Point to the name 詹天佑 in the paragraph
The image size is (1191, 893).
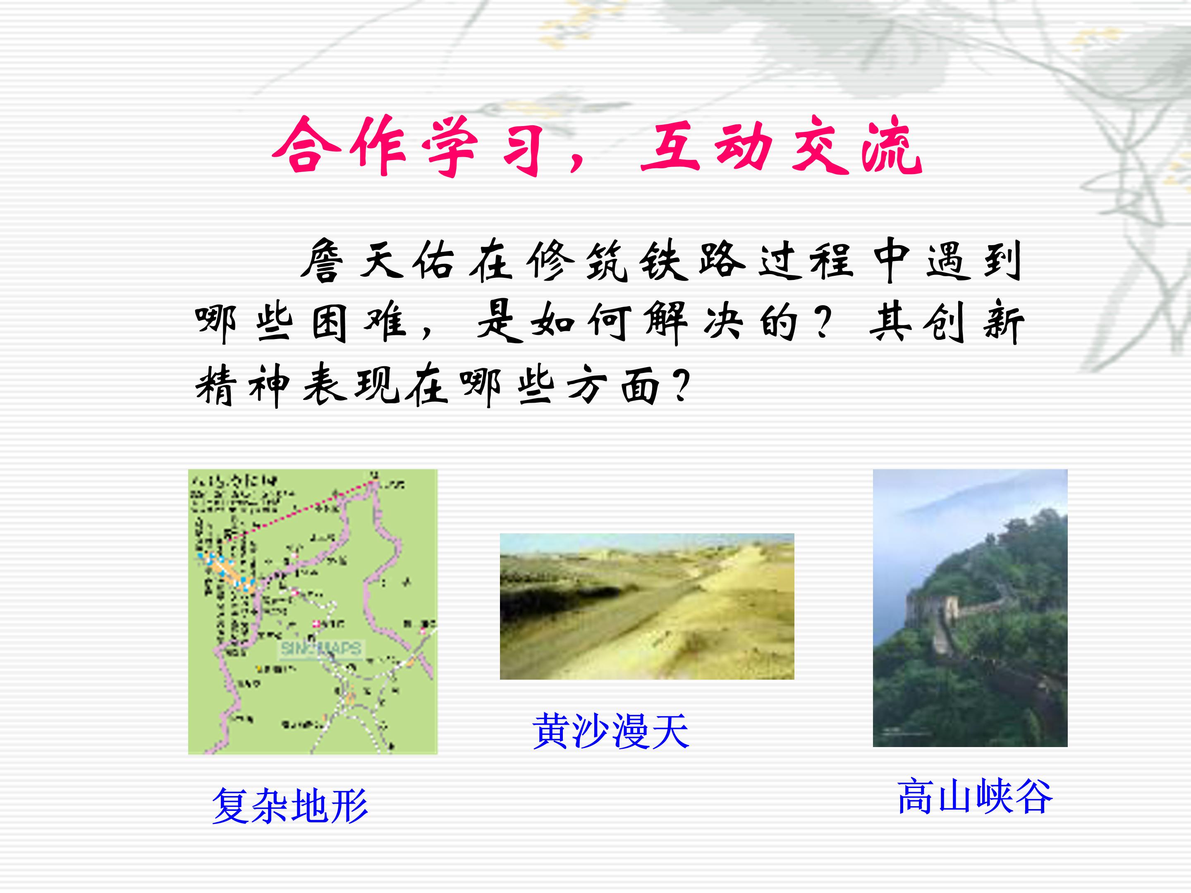tap(377, 260)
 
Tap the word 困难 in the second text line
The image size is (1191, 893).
tap(358, 322)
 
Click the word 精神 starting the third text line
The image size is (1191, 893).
tap(242, 385)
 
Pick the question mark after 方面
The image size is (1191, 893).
tap(681, 384)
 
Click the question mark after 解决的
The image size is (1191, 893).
tap(822, 322)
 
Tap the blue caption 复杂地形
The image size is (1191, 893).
tap(289, 806)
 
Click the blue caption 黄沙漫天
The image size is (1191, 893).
tap(610, 731)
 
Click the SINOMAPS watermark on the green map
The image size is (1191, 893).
tap(321, 648)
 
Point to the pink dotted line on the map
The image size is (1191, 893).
tap(301, 509)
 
